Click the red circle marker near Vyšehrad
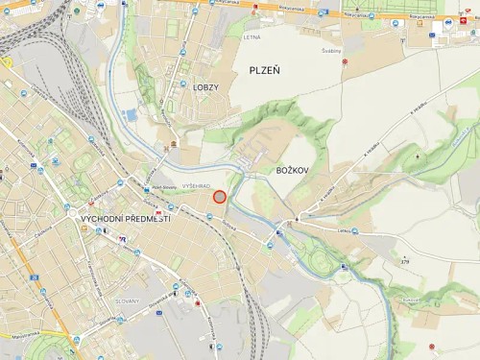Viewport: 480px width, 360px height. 219,197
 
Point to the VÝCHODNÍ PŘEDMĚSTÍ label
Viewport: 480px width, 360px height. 125,219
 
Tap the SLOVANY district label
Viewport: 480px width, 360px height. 127,300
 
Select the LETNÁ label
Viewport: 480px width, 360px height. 252,37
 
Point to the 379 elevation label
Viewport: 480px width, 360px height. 404,261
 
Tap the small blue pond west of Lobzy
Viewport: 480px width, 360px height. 131,115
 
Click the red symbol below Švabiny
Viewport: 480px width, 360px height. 345,62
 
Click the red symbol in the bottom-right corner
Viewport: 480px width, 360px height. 433,344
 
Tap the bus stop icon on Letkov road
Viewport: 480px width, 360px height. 354,230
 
